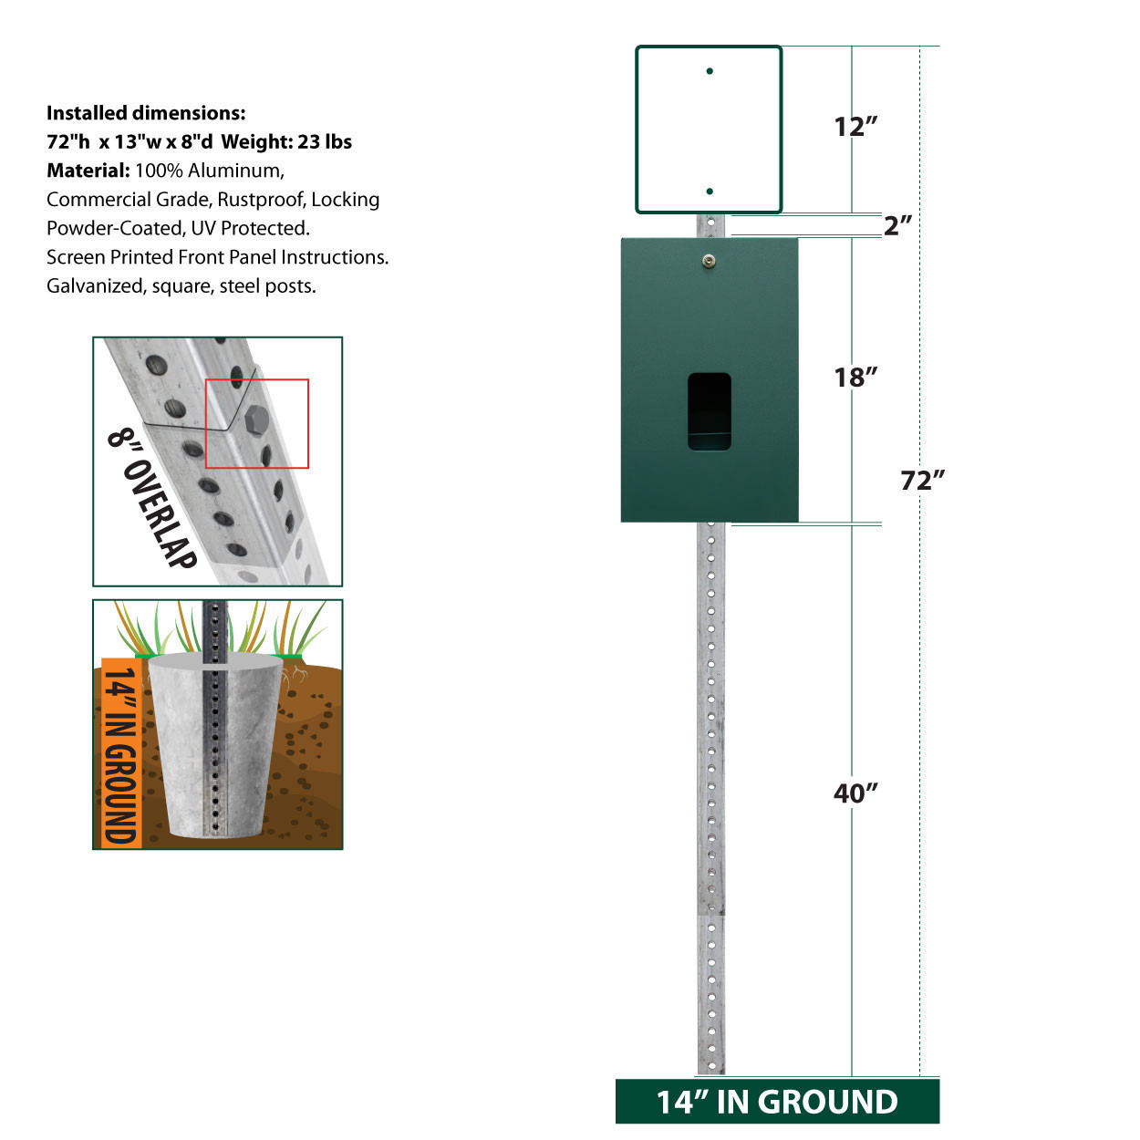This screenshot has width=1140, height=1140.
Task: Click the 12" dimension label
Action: [855, 127]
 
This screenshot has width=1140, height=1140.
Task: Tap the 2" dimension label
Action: [897, 225]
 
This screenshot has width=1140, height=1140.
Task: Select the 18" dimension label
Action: [855, 378]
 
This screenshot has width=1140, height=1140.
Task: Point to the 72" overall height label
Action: [922, 481]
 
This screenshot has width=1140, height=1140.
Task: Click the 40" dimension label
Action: [855, 793]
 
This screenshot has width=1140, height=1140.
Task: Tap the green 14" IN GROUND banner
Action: [777, 1102]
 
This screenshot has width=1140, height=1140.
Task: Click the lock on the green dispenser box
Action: [709, 260]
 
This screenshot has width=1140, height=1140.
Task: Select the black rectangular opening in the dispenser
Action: [710, 411]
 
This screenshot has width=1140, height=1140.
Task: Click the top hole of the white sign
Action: [710, 71]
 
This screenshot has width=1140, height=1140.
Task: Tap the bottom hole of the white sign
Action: [710, 192]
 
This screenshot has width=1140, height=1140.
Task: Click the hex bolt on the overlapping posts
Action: [256, 420]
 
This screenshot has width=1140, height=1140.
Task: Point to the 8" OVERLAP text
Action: [152, 499]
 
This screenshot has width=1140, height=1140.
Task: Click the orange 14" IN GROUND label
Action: [120, 752]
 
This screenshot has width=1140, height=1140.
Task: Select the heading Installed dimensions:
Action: [146, 113]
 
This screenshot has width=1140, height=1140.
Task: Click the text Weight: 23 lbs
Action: [286, 142]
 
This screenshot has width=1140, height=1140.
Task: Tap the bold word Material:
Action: [88, 171]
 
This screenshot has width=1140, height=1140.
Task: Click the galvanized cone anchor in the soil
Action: [215, 745]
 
